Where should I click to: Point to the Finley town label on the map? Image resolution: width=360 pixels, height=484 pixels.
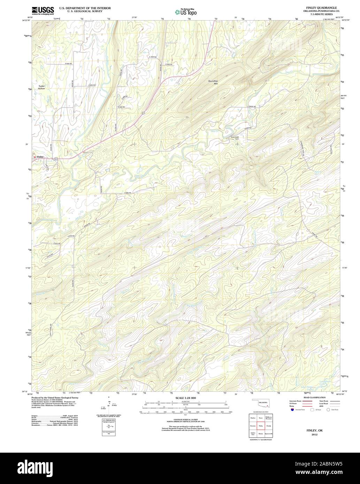pos(40,157)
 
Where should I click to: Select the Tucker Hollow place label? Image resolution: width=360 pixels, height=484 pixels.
pos(41,87)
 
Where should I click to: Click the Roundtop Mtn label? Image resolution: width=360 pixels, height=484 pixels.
pos(213,82)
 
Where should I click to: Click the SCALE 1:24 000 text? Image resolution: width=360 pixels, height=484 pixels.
pos(185,398)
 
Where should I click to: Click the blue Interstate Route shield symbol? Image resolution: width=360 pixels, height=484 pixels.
pos(291,410)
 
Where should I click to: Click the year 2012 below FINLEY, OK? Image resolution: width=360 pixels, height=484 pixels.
pos(315,435)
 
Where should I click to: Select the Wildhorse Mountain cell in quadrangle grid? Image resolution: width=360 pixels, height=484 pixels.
pos(268,417)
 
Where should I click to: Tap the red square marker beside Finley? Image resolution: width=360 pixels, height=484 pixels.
pos(35,157)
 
